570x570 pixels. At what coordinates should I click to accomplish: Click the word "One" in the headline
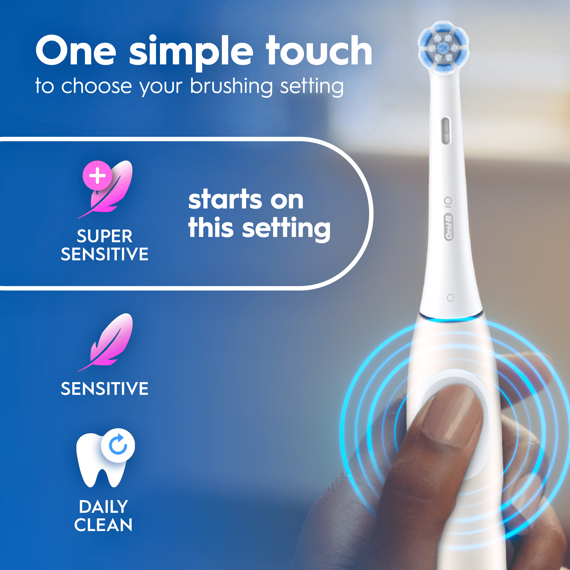coord(76,51)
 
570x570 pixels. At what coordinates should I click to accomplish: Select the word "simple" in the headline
coord(191,53)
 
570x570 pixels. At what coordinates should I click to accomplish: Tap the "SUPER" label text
coord(104,236)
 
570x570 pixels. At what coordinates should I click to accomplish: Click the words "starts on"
coord(246,200)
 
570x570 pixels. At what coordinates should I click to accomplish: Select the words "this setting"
coord(259,228)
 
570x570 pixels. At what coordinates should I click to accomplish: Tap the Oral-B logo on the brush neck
coord(449,227)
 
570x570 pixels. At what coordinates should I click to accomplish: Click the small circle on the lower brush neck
coord(450,298)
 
